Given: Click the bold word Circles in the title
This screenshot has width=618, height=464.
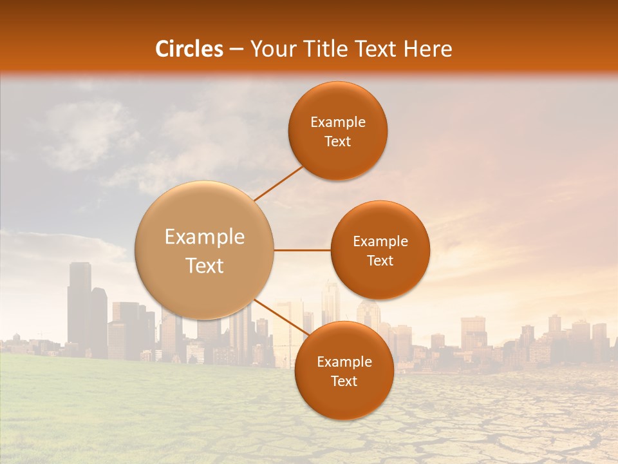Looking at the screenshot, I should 189,49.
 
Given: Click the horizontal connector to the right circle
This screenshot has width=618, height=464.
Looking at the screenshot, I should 303,250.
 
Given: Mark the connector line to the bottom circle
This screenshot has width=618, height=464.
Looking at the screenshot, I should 281,318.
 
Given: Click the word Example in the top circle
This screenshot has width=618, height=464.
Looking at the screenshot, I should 337,122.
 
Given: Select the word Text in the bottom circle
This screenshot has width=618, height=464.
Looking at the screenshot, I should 344,381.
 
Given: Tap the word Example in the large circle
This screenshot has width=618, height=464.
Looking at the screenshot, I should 205,237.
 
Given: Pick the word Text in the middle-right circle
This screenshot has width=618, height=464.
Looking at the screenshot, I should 380,260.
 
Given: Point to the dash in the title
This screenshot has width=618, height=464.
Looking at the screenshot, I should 236,49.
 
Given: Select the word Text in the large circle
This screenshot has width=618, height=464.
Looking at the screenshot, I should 205,266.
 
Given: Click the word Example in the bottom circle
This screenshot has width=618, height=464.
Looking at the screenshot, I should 344,362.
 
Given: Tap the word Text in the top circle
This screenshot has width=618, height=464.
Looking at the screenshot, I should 337,141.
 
